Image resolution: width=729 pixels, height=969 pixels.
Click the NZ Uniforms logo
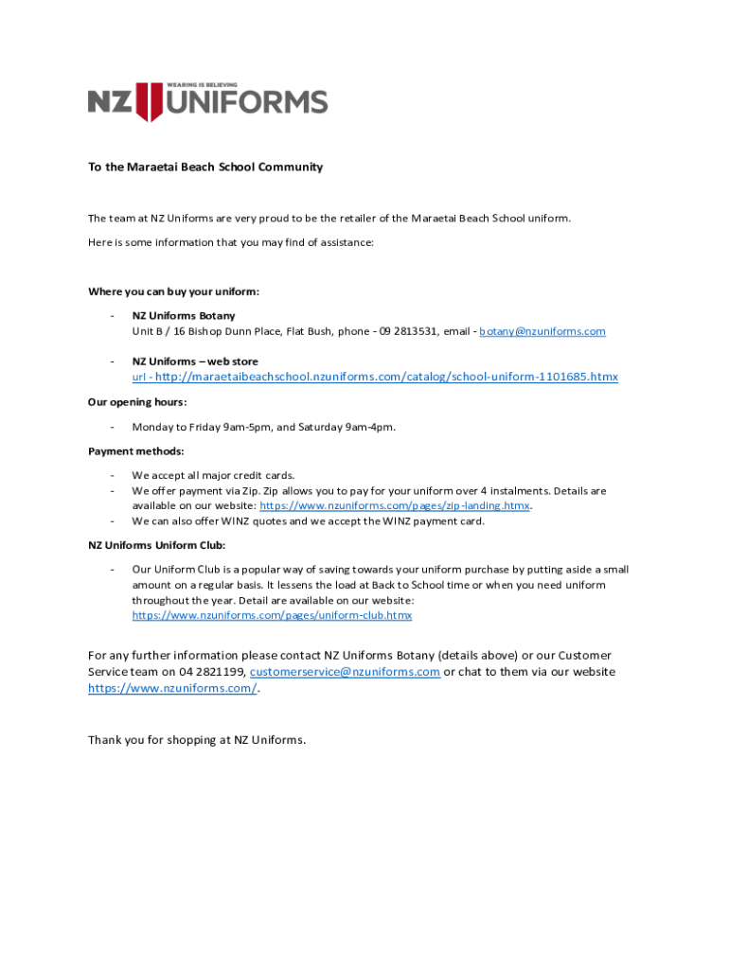click(207, 101)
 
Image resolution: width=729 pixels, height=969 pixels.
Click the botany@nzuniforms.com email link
click(542, 331)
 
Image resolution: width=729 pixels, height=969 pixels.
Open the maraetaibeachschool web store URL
click(385, 377)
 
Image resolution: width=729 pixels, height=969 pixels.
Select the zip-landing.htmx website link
click(395, 506)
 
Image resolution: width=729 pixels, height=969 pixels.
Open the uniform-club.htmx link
click(272, 615)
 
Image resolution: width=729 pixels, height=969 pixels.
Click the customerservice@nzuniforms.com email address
click(345, 672)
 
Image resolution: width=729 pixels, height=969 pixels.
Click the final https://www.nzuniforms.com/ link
click(171, 688)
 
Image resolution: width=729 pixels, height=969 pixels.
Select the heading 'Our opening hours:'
click(137, 402)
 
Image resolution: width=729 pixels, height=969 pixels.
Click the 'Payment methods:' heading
click(136, 450)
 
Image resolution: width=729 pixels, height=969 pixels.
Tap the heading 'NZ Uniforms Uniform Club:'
click(157, 545)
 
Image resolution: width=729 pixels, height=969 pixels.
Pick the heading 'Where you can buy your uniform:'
click(173, 291)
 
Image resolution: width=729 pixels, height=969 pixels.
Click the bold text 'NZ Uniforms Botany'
click(184, 315)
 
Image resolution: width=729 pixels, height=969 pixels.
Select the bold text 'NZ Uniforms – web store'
click(195, 361)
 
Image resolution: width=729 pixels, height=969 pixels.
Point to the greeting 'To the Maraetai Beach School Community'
click(205, 167)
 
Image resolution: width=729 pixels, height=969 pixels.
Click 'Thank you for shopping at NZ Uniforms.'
click(197, 739)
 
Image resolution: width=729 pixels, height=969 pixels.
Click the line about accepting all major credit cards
click(214, 475)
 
